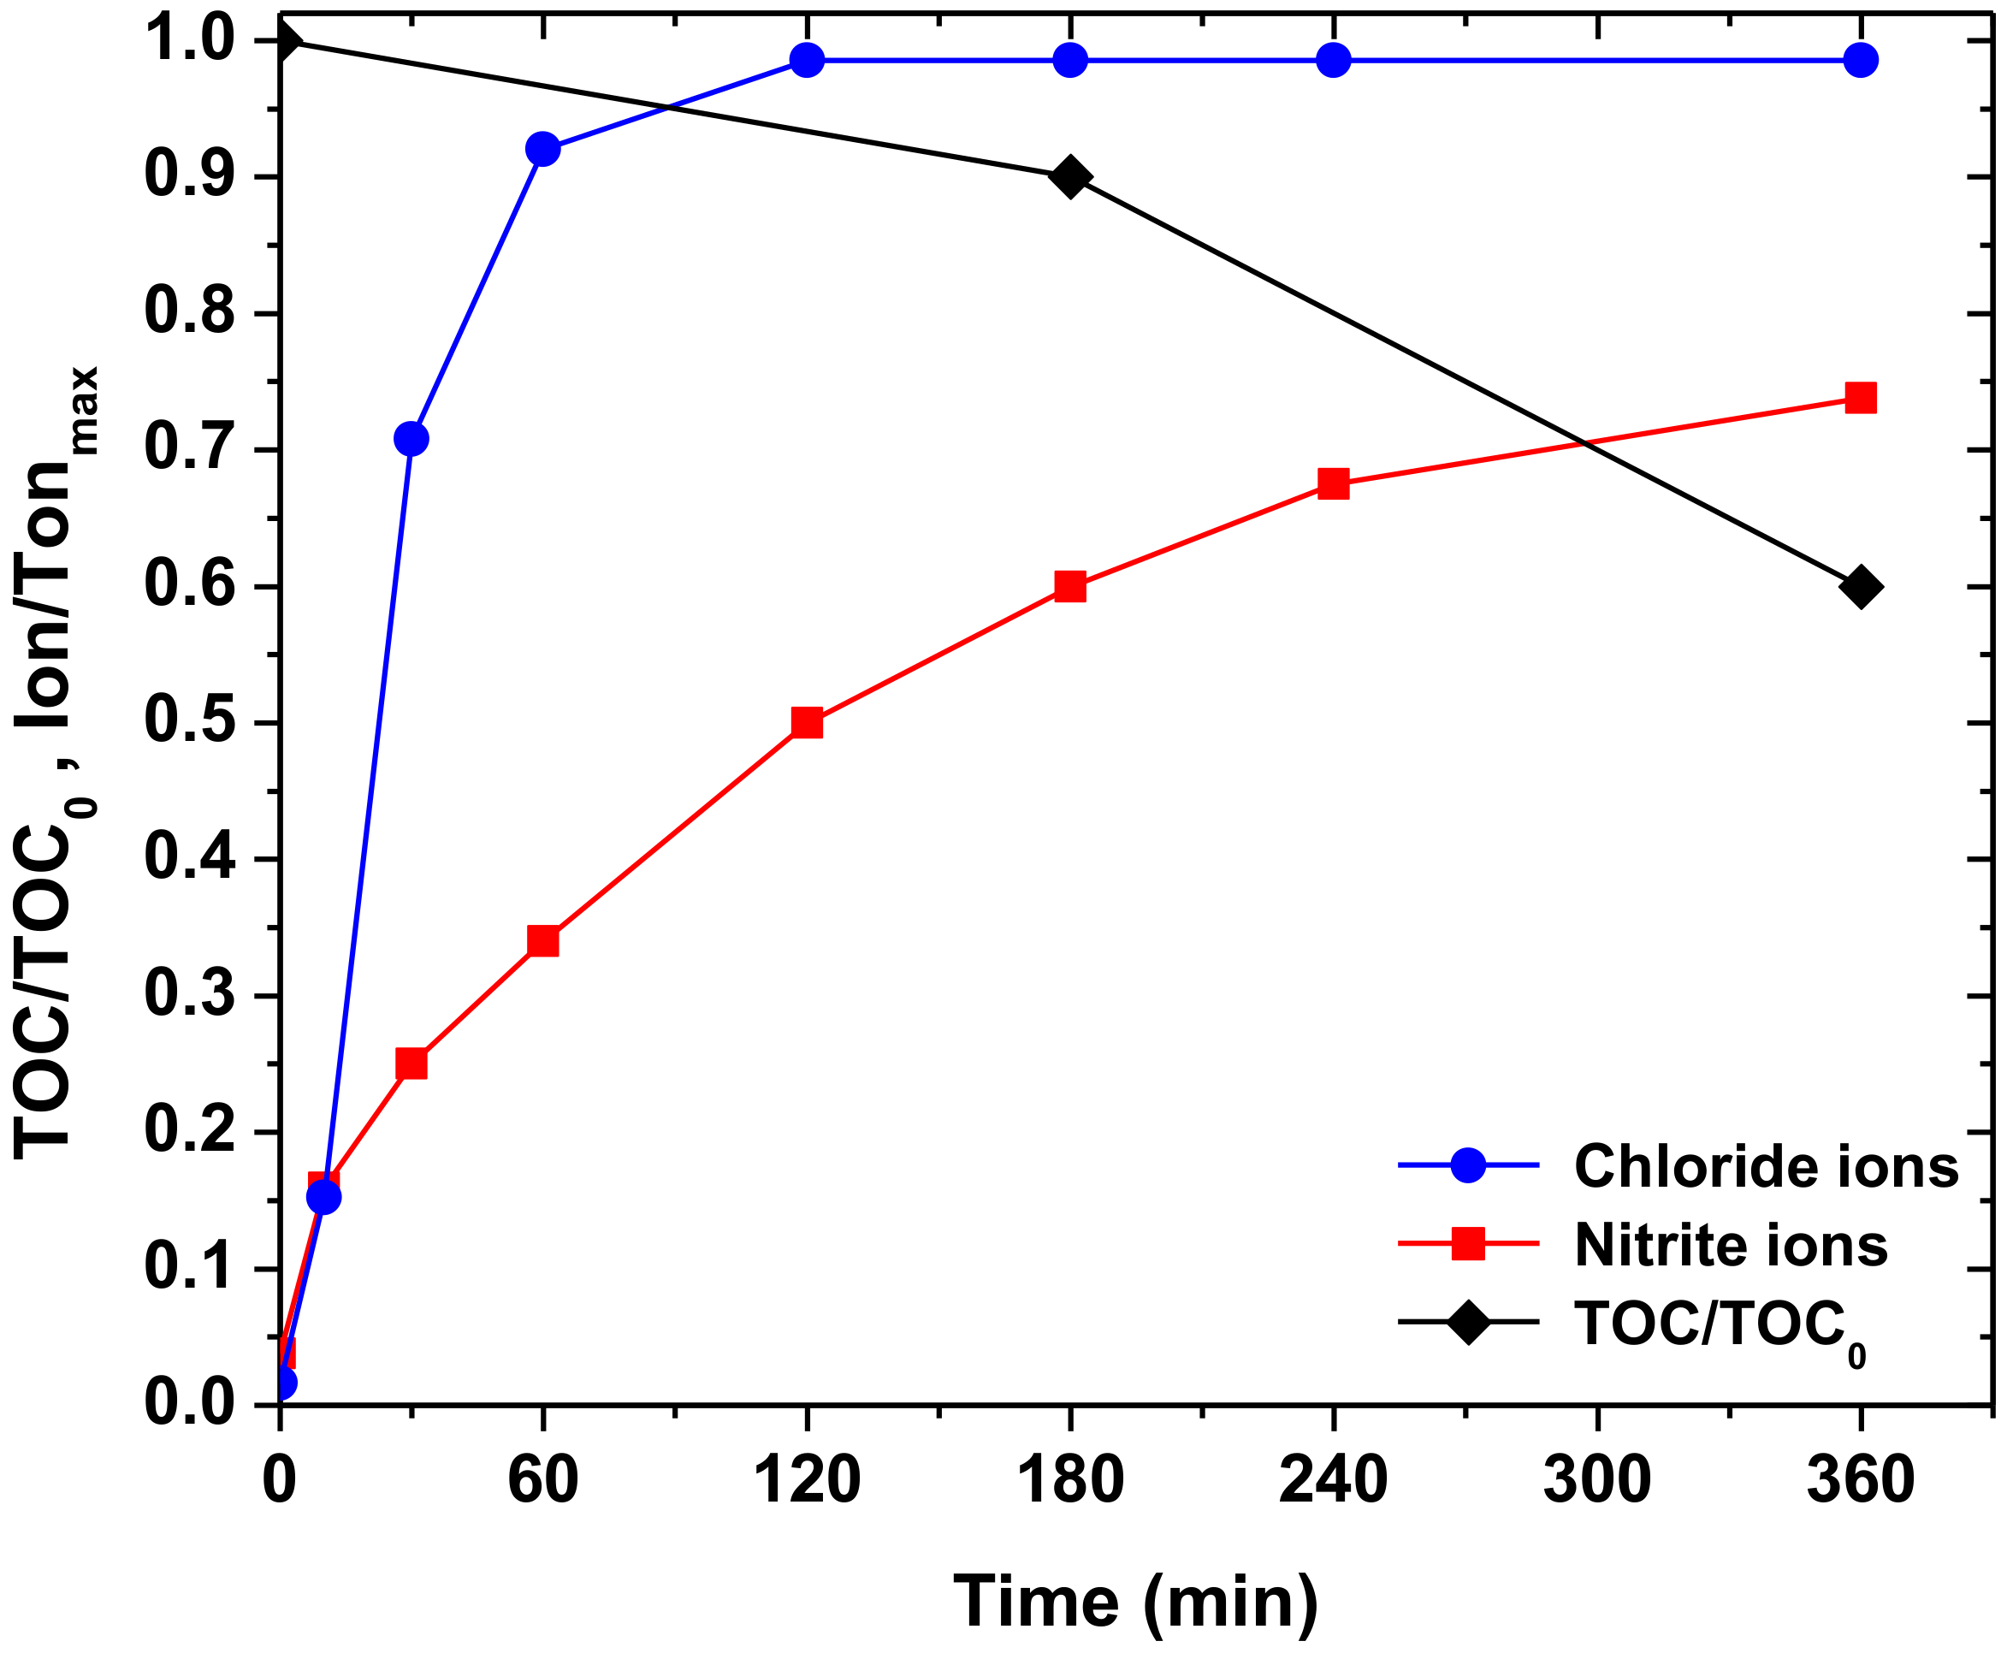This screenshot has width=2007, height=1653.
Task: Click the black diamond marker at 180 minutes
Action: pyautogui.click(x=1070, y=177)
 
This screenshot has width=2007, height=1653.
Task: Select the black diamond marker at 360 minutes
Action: pyautogui.click(x=1861, y=587)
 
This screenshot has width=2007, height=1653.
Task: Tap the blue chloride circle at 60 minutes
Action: pyautogui.click(x=542, y=150)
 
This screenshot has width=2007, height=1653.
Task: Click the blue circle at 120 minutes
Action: pyautogui.click(x=807, y=60)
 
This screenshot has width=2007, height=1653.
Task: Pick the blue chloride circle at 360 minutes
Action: pyautogui.click(x=1861, y=60)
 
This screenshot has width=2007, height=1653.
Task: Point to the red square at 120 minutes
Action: pyautogui.click(x=807, y=723)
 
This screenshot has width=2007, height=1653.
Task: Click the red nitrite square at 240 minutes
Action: pyautogui.click(x=1333, y=483)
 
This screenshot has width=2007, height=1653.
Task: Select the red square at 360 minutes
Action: pyautogui.click(x=1861, y=398)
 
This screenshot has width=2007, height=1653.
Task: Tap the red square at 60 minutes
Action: pyautogui.click(x=542, y=941)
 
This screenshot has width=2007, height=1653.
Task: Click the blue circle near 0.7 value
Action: pyautogui.click(x=411, y=439)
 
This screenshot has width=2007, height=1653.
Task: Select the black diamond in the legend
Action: pyautogui.click(x=1468, y=1322)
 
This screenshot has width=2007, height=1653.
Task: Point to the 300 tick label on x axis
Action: pyautogui.click(x=1596, y=1481)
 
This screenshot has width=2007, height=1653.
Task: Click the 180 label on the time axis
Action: pyautogui.click(x=1070, y=1481)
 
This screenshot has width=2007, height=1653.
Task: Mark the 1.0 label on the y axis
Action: pyautogui.click(x=188, y=41)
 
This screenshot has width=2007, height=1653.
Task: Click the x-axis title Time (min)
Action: pyautogui.click(x=1136, y=1603)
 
